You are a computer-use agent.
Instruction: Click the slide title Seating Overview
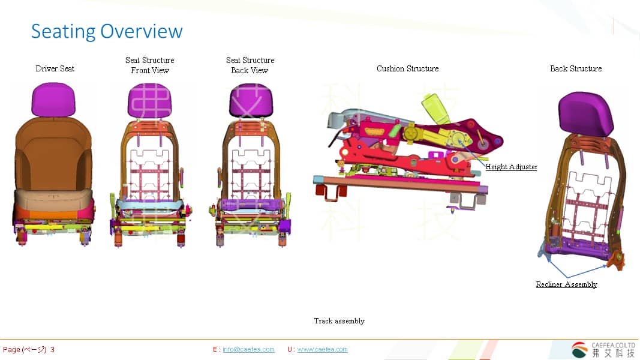tap(107, 31)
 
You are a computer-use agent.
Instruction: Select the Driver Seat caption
tap(55, 68)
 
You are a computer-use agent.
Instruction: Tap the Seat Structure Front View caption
tap(150, 65)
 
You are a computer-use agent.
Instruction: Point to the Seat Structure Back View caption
tap(250, 65)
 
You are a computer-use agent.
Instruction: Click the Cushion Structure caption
tap(408, 68)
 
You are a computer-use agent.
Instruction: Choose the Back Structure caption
tap(576, 68)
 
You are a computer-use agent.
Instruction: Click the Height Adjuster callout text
tap(511, 167)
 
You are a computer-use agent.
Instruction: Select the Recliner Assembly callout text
tap(566, 284)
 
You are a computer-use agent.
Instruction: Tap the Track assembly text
tap(339, 321)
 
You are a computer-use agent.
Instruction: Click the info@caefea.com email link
tap(248, 349)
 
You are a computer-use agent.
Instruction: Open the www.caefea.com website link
tap(322, 349)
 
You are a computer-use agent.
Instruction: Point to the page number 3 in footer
tap(53, 349)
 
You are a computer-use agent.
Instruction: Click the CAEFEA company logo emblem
tap(579, 349)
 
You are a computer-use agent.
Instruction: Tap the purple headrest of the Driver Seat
tap(54, 99)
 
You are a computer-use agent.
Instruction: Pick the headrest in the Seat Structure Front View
tap(149, 101)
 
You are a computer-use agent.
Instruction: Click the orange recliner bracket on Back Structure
tap(615, 259)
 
